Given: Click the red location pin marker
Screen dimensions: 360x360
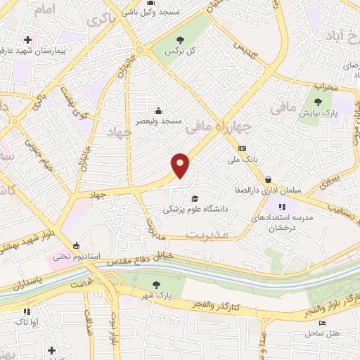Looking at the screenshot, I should pyautogui.click(x=181, y=165).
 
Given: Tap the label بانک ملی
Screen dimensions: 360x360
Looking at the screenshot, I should pyautogui.click(x=243, y=160).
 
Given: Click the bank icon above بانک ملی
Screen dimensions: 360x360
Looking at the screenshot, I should pyautogui.click(x=243, y=148).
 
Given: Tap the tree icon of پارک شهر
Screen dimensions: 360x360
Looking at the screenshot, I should pyautogui.click(x=157, y=285).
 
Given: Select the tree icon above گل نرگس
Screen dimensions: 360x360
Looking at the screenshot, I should pyautogui.click(x=181, y=39).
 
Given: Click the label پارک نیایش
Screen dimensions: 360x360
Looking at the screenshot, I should pyautogui.click(x=326, y=112).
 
